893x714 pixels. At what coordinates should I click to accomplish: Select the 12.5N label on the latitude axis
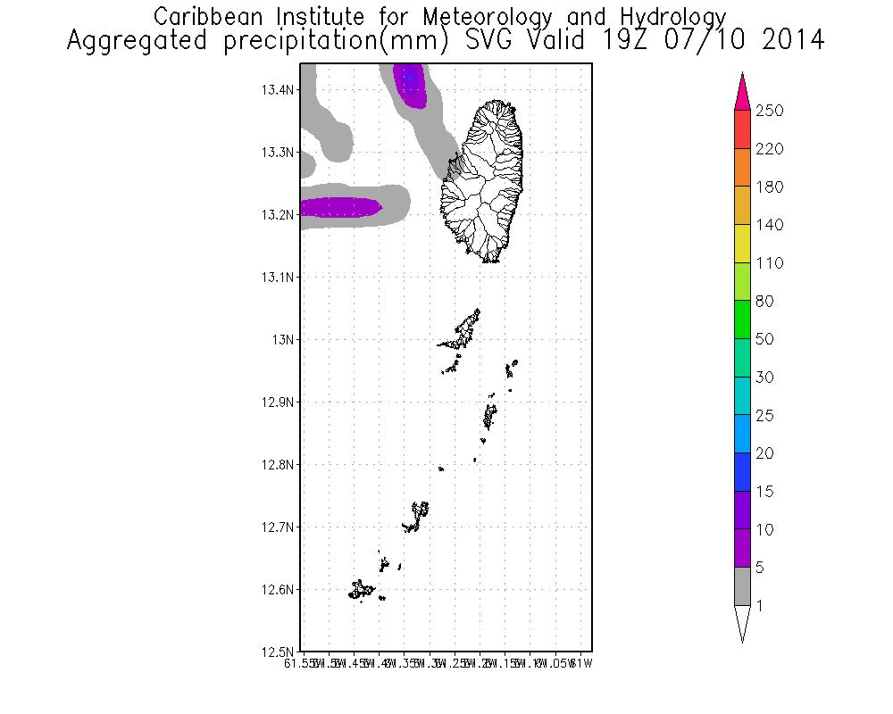coord(276,652)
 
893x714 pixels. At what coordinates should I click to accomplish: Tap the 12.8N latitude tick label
coord(276,464)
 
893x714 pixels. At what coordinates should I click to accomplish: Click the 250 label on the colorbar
coord(769,111)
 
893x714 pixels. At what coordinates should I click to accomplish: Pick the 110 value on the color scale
coord(769,263)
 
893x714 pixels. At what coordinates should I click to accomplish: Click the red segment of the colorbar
coord(741,129)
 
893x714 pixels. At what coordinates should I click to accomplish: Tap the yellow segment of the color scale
coord(741,244)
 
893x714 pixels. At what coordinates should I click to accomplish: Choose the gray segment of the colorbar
coord(741,586)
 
